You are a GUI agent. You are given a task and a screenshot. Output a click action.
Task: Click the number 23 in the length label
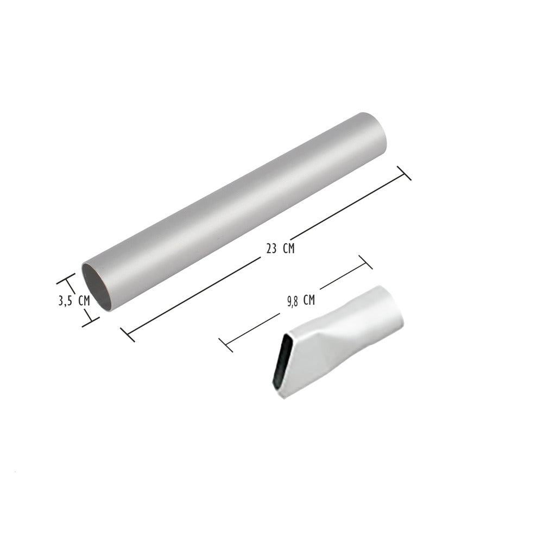point(271,249)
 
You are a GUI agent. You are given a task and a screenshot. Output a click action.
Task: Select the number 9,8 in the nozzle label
point(292,301)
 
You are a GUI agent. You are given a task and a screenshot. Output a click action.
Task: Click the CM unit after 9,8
point(309,300)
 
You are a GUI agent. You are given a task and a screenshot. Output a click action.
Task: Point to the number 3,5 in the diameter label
point(65,301)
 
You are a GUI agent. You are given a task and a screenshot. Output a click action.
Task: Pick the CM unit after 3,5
point(84,301)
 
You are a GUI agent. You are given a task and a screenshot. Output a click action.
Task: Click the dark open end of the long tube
point(97,287)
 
